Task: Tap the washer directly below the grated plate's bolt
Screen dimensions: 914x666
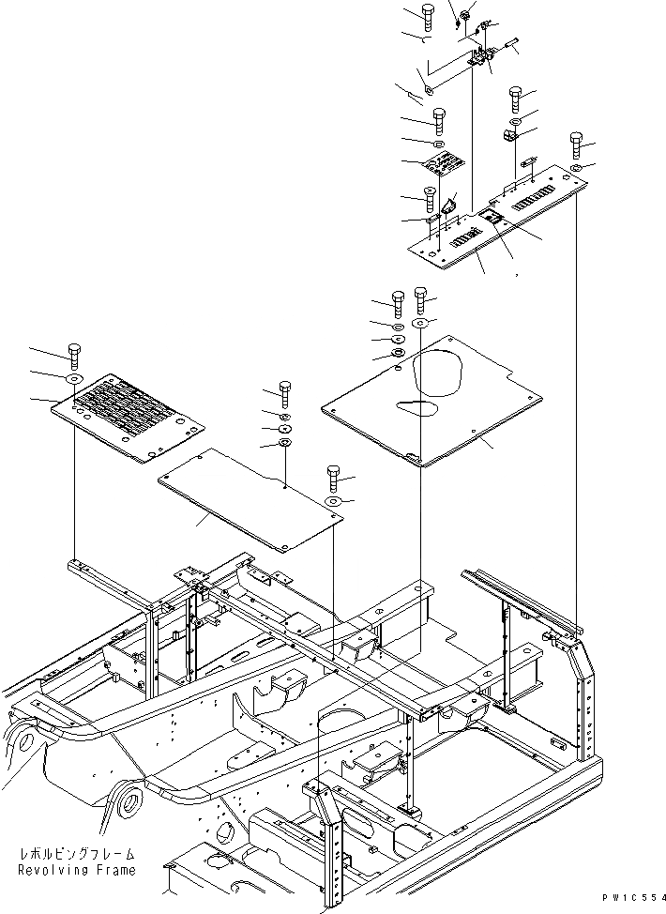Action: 72,379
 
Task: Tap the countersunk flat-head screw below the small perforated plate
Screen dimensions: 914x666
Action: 429,198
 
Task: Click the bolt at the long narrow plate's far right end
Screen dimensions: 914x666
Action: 576,145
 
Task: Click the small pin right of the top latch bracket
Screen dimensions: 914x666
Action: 512,41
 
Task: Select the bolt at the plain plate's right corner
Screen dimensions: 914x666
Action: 333,473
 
